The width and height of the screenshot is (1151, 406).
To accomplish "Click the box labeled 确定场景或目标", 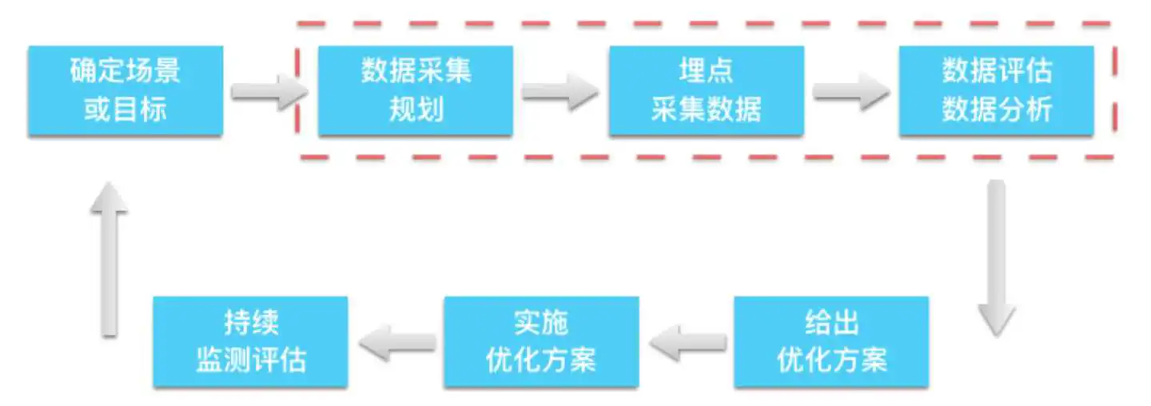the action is pos(125,90).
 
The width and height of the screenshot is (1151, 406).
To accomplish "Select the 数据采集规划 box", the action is pos(416,90).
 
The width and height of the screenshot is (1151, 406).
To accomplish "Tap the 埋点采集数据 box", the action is pos(707,90).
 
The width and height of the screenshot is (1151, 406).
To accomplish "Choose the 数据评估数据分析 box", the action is pos(996,90).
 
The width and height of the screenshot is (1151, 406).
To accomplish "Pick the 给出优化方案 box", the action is pos(831,341).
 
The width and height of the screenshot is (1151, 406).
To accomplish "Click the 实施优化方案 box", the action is pos(542,341).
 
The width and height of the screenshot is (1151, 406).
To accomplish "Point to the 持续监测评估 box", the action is pos(251,341).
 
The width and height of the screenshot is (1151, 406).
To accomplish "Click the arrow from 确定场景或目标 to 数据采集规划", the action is pos(269,92).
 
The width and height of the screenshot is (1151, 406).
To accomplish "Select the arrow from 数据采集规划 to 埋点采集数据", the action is pos(560,92).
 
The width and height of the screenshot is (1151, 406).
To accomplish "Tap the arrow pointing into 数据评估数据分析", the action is pos(851,92).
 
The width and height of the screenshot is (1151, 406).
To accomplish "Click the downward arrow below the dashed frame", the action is pos(996,258).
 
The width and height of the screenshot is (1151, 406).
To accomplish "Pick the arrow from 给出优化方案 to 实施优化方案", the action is pos(688,342).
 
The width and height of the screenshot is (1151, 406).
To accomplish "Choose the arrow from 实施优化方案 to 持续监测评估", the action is pos(398,342).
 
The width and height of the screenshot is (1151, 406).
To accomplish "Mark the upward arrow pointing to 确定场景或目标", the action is pos(109,260).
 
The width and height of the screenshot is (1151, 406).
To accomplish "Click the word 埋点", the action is pos(706,70).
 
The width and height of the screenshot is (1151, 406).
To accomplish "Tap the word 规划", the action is pos(416,109).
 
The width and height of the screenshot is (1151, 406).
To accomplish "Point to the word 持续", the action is pos(251,322).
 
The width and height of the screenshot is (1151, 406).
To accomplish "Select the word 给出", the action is pos(831,322).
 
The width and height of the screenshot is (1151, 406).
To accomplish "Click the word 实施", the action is pos(542,322).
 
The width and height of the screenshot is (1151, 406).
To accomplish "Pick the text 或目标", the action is pos(125,109).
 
